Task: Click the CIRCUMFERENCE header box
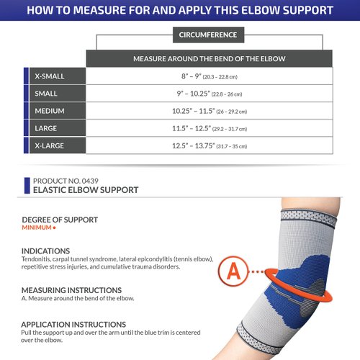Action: click(x=209, y=34)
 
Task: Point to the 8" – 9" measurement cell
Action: click(x=209, y=76)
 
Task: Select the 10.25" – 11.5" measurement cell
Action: click(x=209, y=111)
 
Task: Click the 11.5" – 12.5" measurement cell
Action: click(x=209, y=128)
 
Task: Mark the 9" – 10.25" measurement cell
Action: click(x=209, y=94)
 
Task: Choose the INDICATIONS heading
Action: click(x=45, y=251)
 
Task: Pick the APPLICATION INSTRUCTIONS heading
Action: click(x=73, y=324)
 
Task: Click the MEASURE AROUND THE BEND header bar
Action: click(x=209, y=59)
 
